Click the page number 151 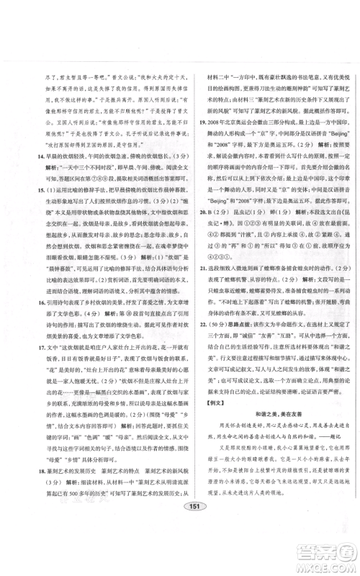tap(180, 526)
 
